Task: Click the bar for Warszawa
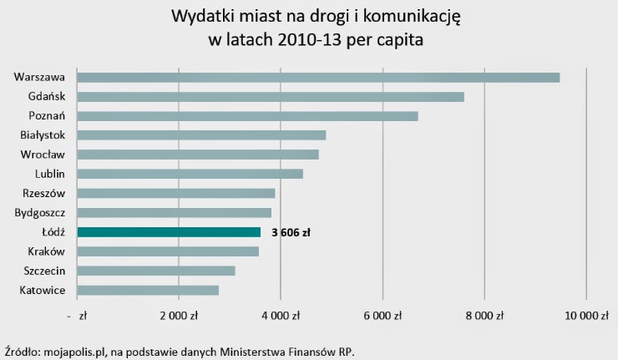pyautogui.click(x=317, y=77)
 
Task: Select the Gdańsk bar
pyautogui.click(x=270, y=97)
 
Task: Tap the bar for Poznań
pyautogui.click(x=247, y=116)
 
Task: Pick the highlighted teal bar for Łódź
pyautogui.click(x=168, y=232)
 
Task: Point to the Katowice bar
pyautogui.click(x=147, y=290)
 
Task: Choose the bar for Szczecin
pyautogui.click(x=155, y=271)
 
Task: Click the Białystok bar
pyautogui.click(x=200, y=135)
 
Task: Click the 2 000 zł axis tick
pyautogui.click(x=178, y=316)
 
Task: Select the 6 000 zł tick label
pyautogui.click(x=382, y=316)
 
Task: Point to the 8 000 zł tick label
pyautogui.click(x=484, y=316)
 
